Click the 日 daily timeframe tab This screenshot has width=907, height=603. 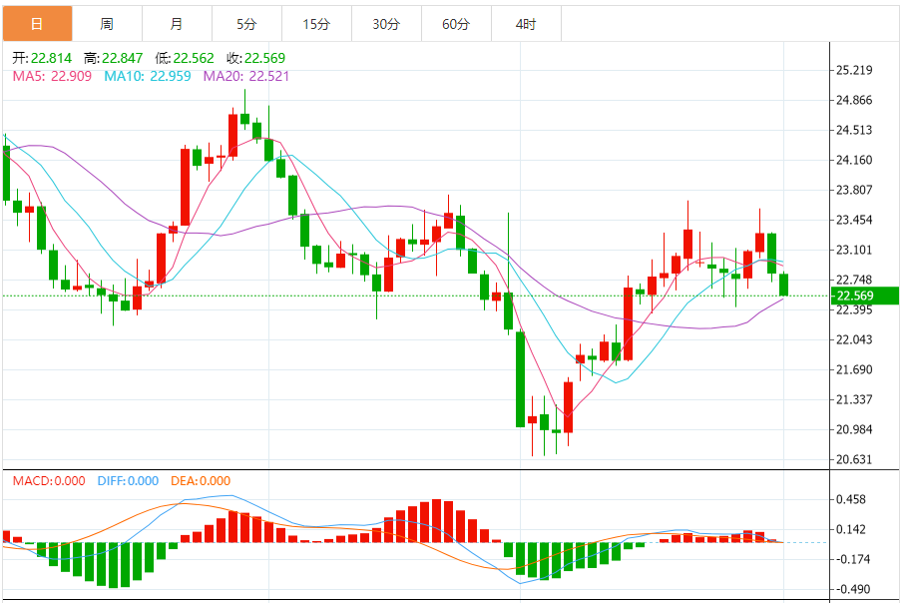pos(37,24)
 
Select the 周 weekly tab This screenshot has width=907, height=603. pos(107,24)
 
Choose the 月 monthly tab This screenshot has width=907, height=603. pos(177,24)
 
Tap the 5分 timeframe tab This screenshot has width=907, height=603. pos(246,24)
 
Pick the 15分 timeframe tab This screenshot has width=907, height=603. pos(316,24)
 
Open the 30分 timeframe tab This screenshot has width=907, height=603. pos(386,24)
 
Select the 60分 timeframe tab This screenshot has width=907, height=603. pos(456,24)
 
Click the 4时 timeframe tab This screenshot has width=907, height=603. pos(526,24)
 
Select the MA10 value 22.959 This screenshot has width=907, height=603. pos(172,76)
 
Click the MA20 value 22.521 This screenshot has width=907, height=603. pos(268,76)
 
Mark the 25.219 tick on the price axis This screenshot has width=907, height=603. pos(856,70)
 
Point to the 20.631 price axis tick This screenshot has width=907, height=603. pos(856,460)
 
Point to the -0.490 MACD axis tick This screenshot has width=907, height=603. pos(853,589)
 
